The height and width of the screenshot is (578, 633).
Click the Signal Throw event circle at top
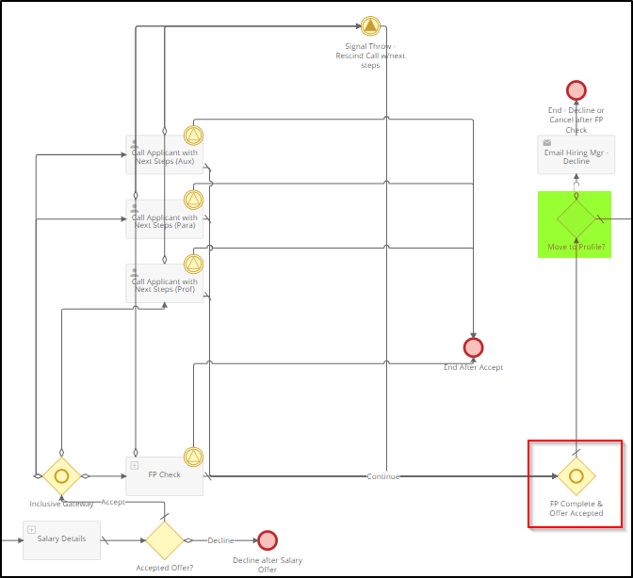coord(370,25)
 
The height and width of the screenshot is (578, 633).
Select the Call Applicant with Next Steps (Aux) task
coord(164,154)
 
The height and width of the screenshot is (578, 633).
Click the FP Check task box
coord(164,475)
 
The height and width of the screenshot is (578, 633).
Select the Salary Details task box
coord(61,539)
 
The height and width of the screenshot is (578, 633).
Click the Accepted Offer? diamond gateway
coord(164,540)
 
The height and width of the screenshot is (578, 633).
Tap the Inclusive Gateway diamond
coord(61,475)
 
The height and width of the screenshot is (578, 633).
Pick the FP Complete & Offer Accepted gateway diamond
coord(576,475)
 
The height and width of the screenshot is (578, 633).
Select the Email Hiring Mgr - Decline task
coord(576,154)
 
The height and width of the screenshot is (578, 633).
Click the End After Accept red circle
coord(474,347)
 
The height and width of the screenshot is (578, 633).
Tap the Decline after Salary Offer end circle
coord(268,540)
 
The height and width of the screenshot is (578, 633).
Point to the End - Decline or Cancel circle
coord(576,90)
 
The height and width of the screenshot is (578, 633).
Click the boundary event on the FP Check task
coord(193,458)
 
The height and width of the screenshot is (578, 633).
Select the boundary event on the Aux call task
coord(193,136)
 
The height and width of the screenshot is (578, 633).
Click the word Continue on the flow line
coord(383,476)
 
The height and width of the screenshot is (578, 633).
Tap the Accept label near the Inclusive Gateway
coord(113,502)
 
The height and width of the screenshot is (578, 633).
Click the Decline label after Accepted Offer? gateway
coord(221,540)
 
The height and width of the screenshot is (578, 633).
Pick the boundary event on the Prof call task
coord(193,264)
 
